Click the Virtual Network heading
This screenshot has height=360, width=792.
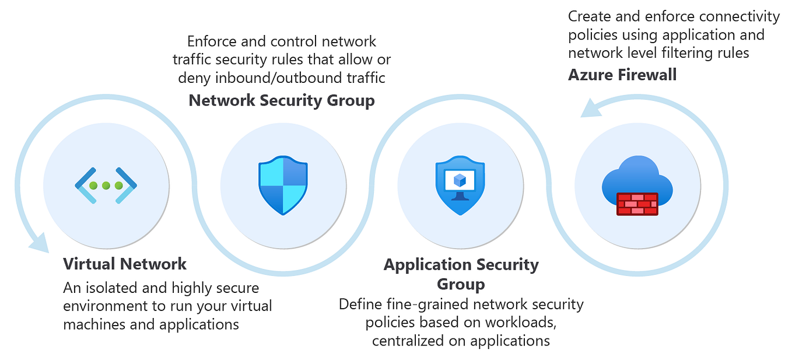[125, 264]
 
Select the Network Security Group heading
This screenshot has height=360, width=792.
[282, 100]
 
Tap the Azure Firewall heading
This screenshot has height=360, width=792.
[622, 74]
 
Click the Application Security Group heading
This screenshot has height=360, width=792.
[461, 274]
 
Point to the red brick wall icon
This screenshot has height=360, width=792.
[637, 204]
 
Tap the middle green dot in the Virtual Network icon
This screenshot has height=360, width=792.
[106, 186]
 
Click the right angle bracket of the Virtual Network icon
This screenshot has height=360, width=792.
[128, 186]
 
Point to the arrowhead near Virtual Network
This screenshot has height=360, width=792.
[40, 243]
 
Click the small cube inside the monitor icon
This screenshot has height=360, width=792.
[460, 180]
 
